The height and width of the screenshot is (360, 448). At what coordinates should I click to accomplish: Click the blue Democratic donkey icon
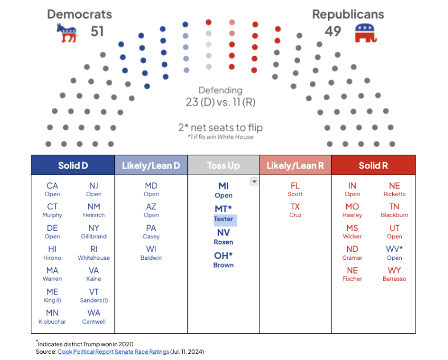coord(67,33)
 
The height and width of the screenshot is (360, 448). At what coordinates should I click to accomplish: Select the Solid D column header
coord(73,165)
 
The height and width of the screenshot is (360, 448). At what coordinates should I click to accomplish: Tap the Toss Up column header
coord(223,165)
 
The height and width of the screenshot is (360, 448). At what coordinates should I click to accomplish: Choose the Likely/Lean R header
coord(295,165)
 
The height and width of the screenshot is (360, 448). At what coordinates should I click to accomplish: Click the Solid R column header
coord(373,165)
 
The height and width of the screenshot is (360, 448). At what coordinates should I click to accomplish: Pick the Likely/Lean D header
coord(151,165)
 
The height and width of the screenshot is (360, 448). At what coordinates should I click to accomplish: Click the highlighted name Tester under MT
coord(223,220)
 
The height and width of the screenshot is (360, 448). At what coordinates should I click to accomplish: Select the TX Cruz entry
coord(295,210)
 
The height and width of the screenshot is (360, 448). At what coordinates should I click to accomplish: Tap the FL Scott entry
coord(295,189)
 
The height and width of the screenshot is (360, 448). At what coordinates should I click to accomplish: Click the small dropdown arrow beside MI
coord(254,181)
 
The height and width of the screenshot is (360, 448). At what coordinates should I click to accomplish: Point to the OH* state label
coord(223,255)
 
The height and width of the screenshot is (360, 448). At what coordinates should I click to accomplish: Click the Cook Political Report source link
coord(113,351)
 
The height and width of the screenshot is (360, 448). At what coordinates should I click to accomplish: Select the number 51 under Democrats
coord(97,31)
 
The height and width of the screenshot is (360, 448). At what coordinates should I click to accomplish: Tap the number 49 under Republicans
coord(333,31)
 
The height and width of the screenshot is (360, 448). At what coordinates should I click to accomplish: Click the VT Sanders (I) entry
coord(94,295)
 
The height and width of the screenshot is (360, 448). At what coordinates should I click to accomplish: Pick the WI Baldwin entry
coord(151,253)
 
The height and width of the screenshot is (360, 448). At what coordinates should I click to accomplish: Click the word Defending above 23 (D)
coord(220,90)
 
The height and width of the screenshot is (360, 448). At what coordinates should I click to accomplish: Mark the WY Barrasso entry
coord(394,274)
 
